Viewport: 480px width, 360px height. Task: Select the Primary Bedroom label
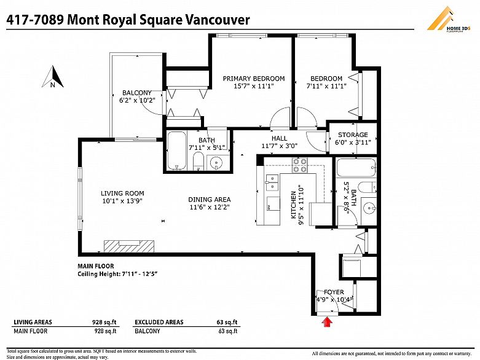[x=253, y=79]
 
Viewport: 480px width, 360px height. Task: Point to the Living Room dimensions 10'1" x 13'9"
[x=122, y=201]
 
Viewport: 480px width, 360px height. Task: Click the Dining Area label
[x=209, y=200]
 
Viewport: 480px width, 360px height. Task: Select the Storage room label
[x=353, y=135]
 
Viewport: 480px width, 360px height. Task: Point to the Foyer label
[x=334, y=292]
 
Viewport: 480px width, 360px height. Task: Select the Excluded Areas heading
[x=159, y=322]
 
